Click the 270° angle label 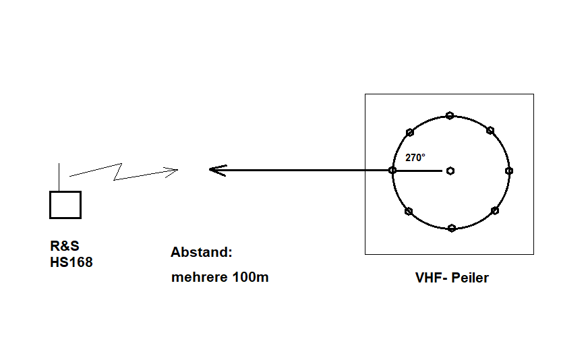[x=415, y=158]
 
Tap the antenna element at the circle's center [x=450, y=171]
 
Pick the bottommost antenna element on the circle [x=451, y=228]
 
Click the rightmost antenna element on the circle [x=509, y=171]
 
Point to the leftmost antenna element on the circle [x=392, y=171]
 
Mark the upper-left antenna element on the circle [x=409, y=132]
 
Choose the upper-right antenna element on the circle [x=490, y=130]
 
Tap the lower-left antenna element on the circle [x=408, y=212]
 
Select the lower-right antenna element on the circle [x=494, y=211]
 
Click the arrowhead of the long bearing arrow [x=214, y=170]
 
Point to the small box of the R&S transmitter [x=65, y=205]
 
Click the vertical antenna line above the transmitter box [x=60, y=177]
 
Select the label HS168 [x=71, y=263]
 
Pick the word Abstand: [x=201, y=253]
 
